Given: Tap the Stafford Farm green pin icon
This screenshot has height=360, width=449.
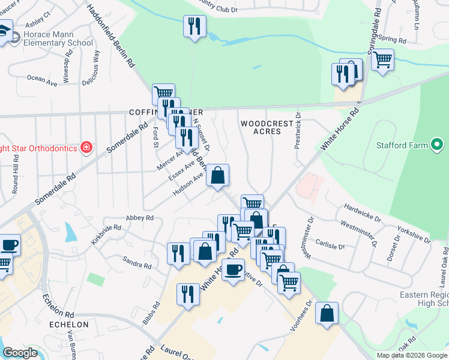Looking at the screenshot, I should pos(438,145).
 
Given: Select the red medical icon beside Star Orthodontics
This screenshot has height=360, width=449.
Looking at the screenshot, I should pos(86,148).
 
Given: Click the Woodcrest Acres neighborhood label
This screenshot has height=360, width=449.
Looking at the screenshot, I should pos(267,127).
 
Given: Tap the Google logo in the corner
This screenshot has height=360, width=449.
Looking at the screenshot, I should pos(20,353).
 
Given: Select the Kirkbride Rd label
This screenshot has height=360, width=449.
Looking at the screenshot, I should pos(106,231).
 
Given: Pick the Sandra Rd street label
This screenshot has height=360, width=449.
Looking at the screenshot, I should pos(136,263).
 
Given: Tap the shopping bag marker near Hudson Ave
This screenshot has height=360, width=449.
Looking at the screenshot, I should pos(218,176).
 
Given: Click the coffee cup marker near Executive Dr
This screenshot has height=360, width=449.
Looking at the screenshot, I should pos(234,269).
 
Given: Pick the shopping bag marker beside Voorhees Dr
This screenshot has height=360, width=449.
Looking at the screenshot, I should pos(327,313).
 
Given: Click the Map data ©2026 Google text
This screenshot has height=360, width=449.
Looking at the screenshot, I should pos(412,355).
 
